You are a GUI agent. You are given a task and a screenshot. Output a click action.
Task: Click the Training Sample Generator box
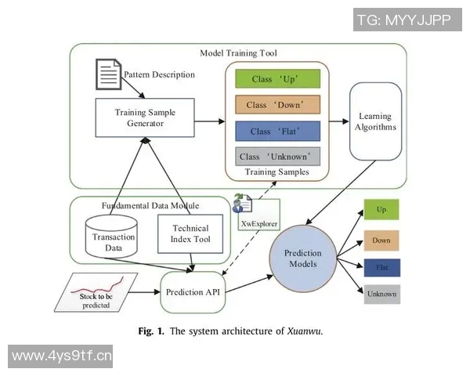click(146, 118)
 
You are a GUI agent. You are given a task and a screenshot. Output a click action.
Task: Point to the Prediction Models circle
click(302, 258)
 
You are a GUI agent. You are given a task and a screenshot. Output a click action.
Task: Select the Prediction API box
click(193, 292)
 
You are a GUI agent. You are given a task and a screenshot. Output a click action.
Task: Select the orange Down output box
click(381, 240)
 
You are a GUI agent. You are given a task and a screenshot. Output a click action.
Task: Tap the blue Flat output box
click(381, 267)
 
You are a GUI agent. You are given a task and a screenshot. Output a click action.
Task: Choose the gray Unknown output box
click(381, 295)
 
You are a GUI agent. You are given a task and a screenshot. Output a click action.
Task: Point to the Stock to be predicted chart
click(99, 291)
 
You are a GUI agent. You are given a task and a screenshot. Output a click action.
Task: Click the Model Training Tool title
click(238, 52)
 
